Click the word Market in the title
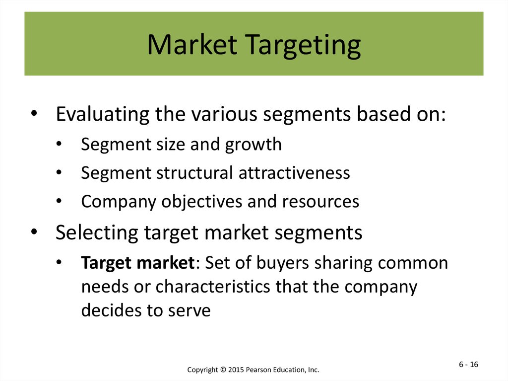coord(192,45)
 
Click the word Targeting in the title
coord(303,46)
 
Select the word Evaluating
coord(102,114)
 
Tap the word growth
coord(254,145)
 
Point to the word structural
coord(194,172)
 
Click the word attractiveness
coord(294,173)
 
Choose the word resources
coord(320,202)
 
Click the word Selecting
coord(97,232)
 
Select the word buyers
coord(282,263)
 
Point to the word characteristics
coord(212,287)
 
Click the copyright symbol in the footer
coord(223,370)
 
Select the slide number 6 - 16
coord(468,365)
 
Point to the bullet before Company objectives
coord(59,201)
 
